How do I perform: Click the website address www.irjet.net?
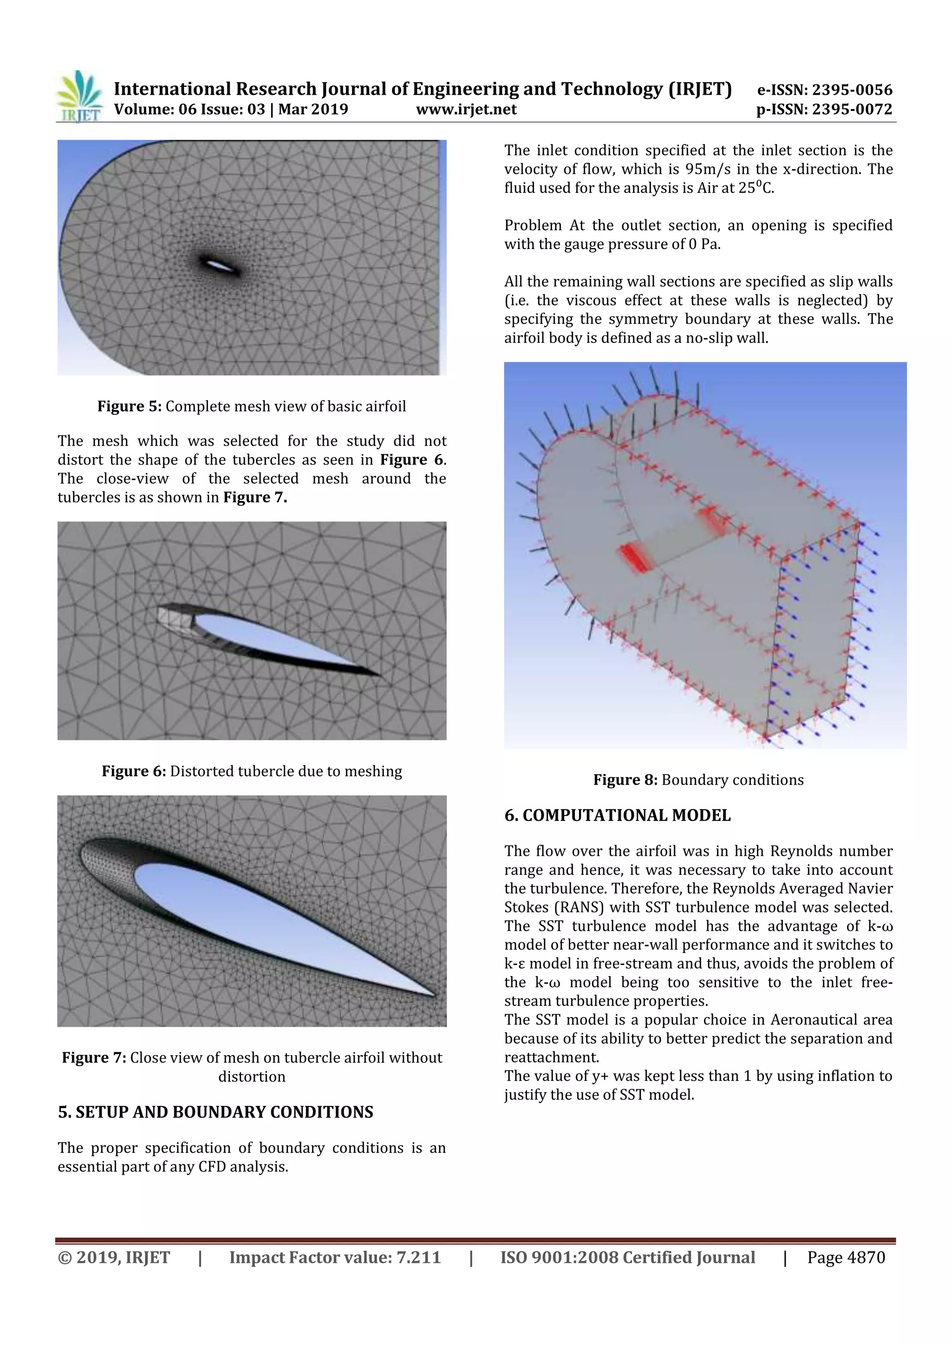pyautogui.click(x=466, y=110)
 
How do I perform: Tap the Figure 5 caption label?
pyautogui.click(x=129, y=406)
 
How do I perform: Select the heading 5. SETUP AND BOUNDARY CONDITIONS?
pyautogui.click(x=215, y=1112)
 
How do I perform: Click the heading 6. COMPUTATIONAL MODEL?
pyautogui.click(x=617, y=815)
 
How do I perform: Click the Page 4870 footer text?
pyautogui.click(x=846, y=1257)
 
